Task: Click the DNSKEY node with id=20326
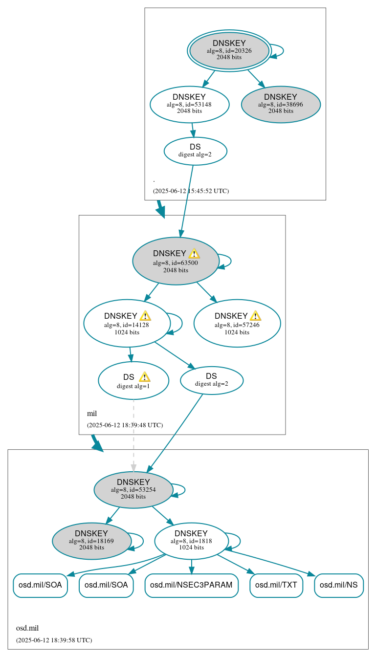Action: click(229, 51)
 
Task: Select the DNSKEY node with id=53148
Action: click(189, 104)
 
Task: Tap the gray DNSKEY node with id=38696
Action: click(281, 104)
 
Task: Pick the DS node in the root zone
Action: click(195, 151)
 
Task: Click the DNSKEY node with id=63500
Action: click(175, 261)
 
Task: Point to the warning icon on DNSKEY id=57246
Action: click(255, 316)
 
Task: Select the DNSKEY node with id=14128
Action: click(127, 323)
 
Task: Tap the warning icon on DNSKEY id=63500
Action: click(194, 253)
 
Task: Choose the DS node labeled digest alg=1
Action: click(133, 381)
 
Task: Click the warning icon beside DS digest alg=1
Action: click(144, 377)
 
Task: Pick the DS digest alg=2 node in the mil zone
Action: click(211, 380)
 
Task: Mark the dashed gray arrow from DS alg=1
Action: click(133, 435)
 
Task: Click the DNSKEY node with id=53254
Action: click(133, 489)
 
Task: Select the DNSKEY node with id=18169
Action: click(91, 541)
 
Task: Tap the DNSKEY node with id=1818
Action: click(191, 541)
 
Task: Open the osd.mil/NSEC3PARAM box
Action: click(191, 585)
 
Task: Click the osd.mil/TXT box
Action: click(276, 585)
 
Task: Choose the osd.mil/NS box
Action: click(338, 585)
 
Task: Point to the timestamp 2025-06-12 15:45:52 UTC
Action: click(191, 191)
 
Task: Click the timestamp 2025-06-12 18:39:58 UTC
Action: click(54, 640)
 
